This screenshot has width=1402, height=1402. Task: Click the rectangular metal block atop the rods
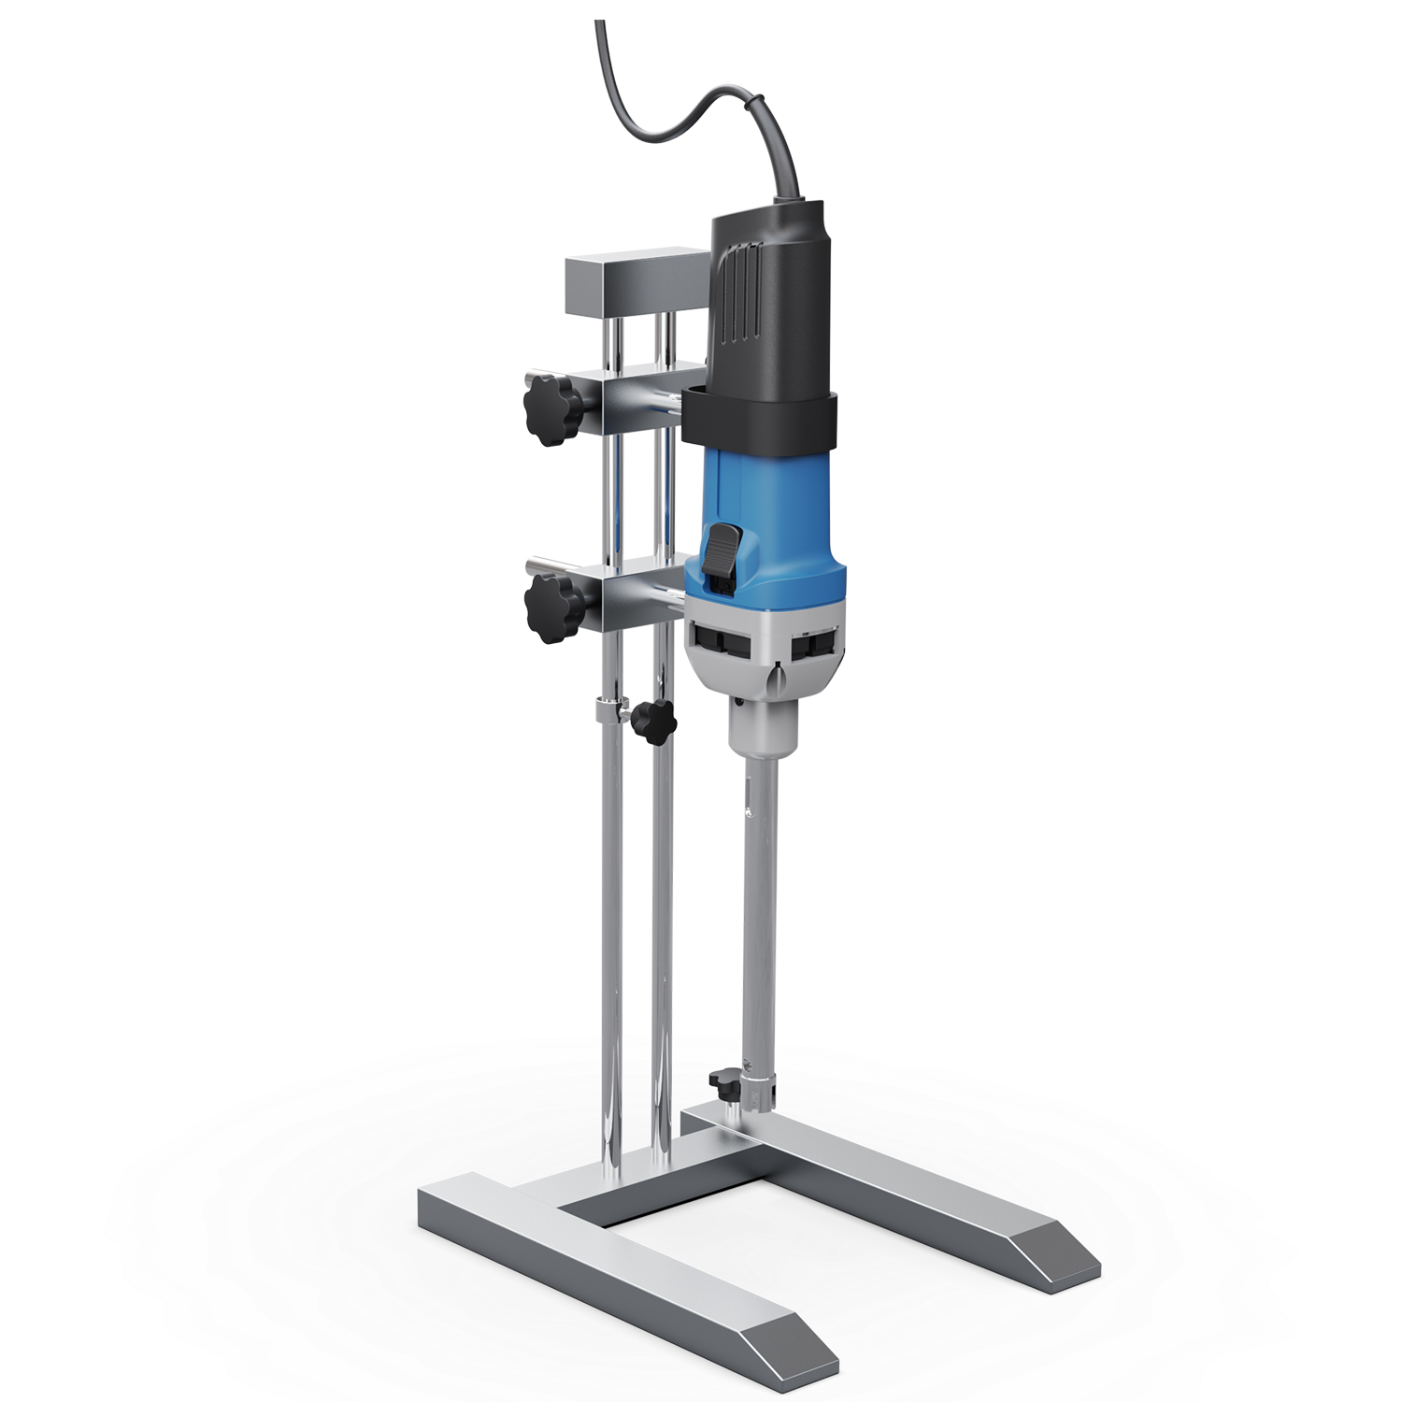[636, 284]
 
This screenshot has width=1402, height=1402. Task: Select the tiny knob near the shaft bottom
[722, 1084]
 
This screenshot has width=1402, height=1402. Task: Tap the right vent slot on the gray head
[813, 646]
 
